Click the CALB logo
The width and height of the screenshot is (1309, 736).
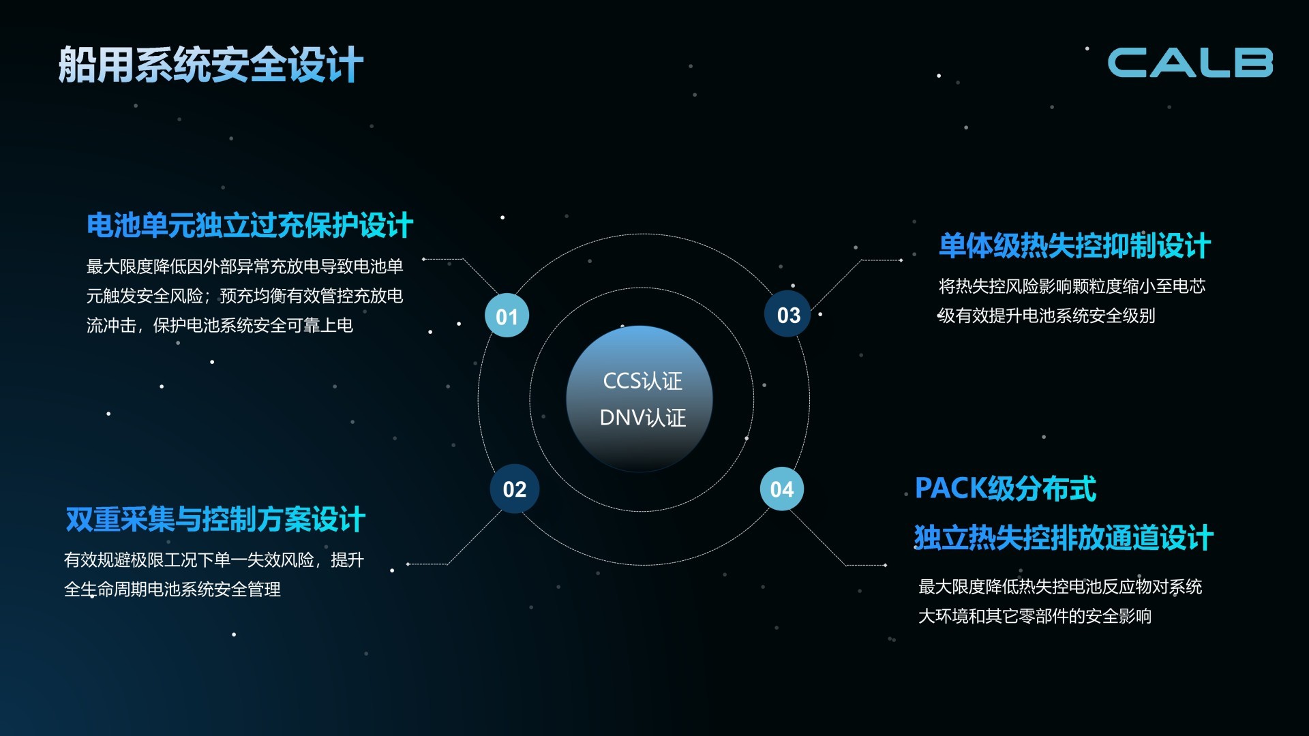pyautogui.click(x=1190, y=63)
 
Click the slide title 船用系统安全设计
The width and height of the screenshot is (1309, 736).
pyautogui.click(x=211, y=65)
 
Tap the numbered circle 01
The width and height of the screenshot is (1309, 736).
pyautogui.click(x=507, y=316)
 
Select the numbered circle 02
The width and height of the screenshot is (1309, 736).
pyautogui.click(x=515, y=489)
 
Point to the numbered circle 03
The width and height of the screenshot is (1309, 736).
pyautogui.click(x=788, y=314)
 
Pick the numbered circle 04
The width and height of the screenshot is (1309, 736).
pyautogui.click(x=782, y=489)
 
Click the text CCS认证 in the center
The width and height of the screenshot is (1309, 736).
pyautogui.click(x=643, y=381)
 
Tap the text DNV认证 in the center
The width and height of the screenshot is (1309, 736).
pyautogui.click(x=643, y=418)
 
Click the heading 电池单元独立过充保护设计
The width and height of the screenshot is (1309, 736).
pyautogui.click(x=250, y=226)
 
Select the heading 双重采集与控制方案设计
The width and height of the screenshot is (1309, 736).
pyautogui.click(x=215, y=519)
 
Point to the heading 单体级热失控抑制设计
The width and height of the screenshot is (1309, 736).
pyautogui.click(x=1074, y=246)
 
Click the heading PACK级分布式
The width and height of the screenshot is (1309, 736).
pyautogui.click(x=1006, y=489)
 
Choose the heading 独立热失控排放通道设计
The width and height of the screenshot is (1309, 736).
pyautogui.click(x=1064, y=538)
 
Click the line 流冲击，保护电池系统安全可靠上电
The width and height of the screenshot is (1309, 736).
pyautogui.click(x=220, y=326)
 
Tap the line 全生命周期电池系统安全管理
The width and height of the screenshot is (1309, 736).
pyautogui.click(x=172, y=589)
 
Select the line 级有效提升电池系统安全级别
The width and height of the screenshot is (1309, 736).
pyautogui.click(x=1047, y=316)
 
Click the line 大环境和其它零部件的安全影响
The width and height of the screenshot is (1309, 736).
pyautogui.click(x=1035, y=617)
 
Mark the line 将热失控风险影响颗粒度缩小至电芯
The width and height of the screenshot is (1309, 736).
pyautogui.click(x=1072, y=286)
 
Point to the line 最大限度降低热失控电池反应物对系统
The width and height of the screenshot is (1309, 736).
pyautogui.click(x=1060, y=587)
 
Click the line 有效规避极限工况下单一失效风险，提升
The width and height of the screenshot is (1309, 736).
pyautogui.click(x=214, y=560)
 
